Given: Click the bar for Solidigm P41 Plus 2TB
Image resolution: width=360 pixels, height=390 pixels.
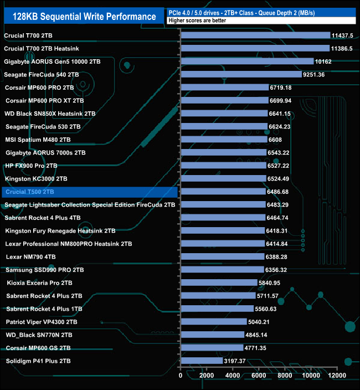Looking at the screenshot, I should [202, 361].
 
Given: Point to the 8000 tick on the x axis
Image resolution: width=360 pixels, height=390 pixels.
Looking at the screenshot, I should [285, 376].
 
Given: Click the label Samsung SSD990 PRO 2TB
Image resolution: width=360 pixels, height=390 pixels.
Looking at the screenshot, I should [44, 270].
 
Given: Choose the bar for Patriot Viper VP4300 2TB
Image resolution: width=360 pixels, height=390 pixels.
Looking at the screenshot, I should [214, 322].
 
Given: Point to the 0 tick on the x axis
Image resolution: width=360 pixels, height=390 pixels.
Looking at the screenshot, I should [181, 376].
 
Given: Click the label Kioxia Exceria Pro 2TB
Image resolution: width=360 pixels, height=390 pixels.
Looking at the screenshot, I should [39, 283].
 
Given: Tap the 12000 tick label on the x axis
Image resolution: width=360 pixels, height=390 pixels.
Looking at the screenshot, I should [337, 376].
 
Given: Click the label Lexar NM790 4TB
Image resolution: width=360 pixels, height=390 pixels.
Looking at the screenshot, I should [30, 257].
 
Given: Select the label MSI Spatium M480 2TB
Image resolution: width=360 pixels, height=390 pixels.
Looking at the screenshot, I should [38, 140].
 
